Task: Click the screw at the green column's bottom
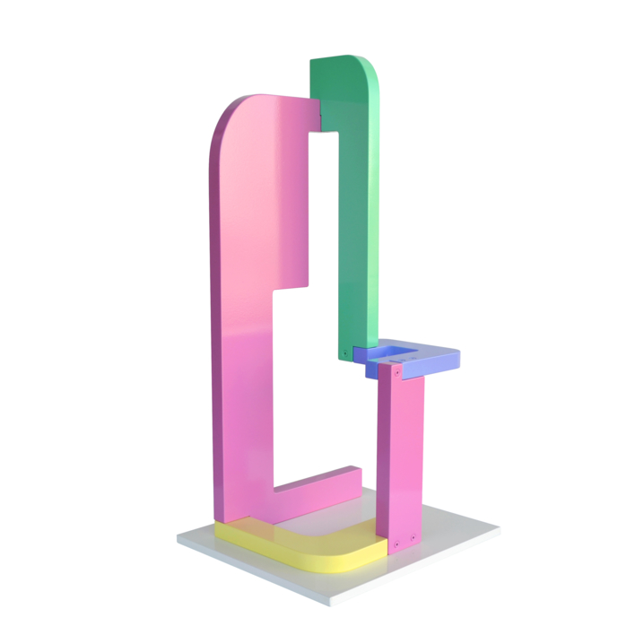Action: click(x=346, y=352)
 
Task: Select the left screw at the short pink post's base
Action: click(x=395, y=542)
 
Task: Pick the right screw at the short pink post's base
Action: click(x=413, y=537)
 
